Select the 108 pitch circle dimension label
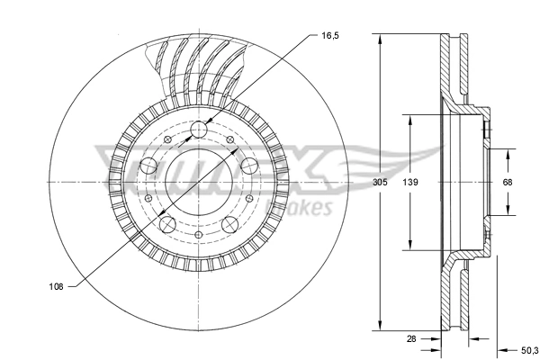click(x=56, y=288)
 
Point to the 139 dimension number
click(x=410, y=182)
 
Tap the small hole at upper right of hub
click(x=231, y=140)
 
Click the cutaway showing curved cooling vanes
click(x=198, y=67)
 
